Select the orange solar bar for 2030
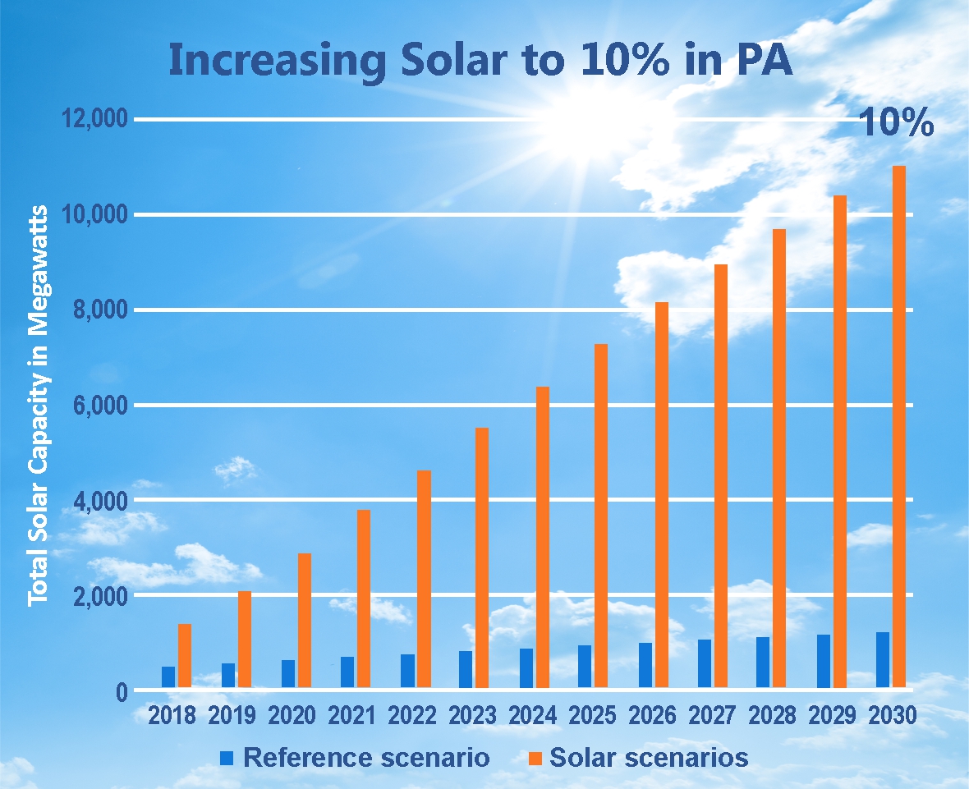pos(899,426)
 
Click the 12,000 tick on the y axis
pos(95,120)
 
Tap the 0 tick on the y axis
pos(120,691)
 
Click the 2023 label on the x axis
pos(472,715)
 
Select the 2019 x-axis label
pos(232,715)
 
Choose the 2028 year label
pos(772,715)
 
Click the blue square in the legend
pos(228,757)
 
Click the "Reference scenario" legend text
pos(366,757)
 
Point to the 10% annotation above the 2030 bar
pos(896,123)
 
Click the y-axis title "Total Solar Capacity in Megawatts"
pos(38,406)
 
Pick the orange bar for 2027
pos(721,475)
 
